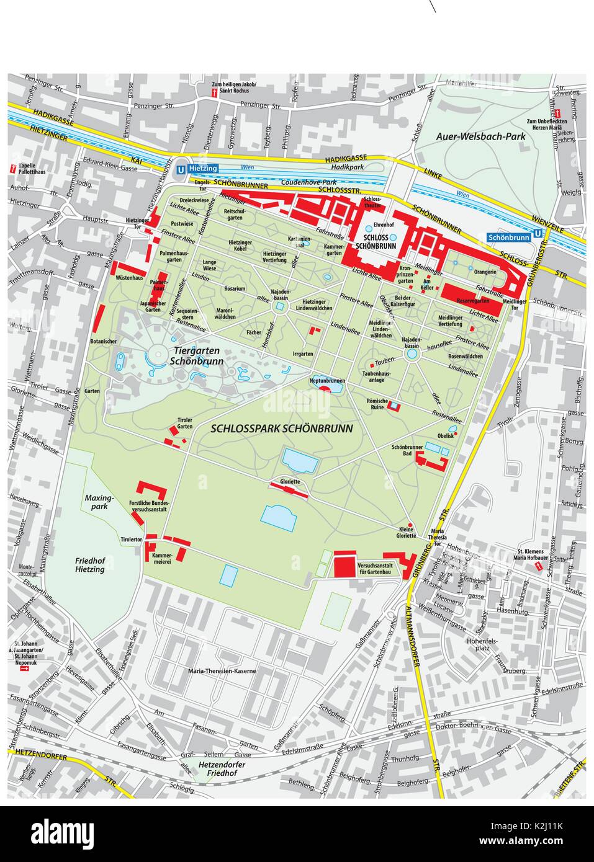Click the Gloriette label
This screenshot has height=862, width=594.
[290, 481]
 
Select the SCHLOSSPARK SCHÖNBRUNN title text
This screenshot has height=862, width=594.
[282, 429]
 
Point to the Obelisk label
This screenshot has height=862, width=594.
[445, 436]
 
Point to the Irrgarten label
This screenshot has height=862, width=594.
[302, 353]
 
